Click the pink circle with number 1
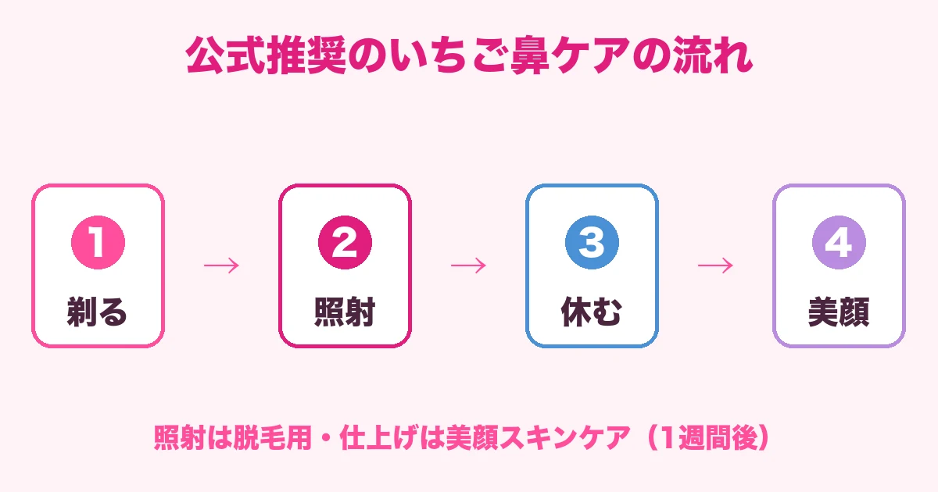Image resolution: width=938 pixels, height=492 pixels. pos(98,242)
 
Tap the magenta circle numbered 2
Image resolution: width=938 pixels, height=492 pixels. pos(345,242)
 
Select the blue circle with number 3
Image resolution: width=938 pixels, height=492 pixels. pos(592,242)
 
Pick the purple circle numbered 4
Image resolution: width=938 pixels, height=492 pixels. pos(839,242)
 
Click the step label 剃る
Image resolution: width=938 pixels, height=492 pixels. pos(97,312)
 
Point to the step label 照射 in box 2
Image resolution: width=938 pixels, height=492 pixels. pos(345,312)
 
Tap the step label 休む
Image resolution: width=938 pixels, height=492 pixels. pos(591,312)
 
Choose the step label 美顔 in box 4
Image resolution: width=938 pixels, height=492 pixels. pos(839,312)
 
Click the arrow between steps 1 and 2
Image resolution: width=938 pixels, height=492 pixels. pos(221,266)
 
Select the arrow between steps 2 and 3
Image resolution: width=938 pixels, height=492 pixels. pos(468,266)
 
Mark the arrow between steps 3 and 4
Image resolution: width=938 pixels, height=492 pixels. pos(716,266)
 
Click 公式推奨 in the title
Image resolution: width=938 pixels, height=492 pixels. pos(267,55)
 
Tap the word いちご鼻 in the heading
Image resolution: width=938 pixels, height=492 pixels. pos(449,55)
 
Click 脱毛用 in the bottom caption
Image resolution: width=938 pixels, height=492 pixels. pos(272,438)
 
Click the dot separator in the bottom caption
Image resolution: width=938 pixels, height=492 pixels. pos(326,438)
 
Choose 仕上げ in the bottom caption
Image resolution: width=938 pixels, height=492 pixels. pos(379,438)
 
